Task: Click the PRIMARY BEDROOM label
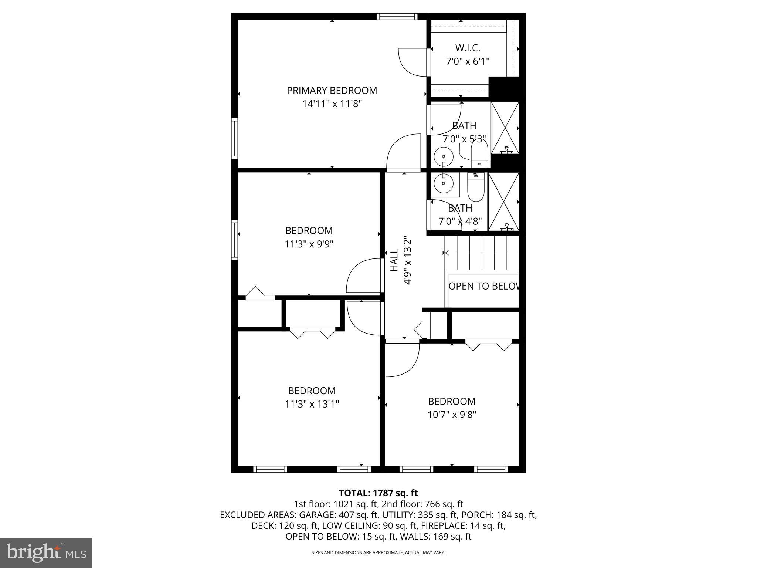coord(332,91)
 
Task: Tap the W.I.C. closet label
coord(468,48)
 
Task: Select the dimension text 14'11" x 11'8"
coord(332,104)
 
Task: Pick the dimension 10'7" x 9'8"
coord(452,415)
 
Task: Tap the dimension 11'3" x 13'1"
coord(312,404)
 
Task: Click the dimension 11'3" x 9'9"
coord(309,244)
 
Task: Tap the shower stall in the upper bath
coord(505,128)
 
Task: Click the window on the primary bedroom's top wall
coord(397,16)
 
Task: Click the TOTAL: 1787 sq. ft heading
coord(378,493)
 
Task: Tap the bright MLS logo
coord(46,552)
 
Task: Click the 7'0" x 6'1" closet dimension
coord(468,61)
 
